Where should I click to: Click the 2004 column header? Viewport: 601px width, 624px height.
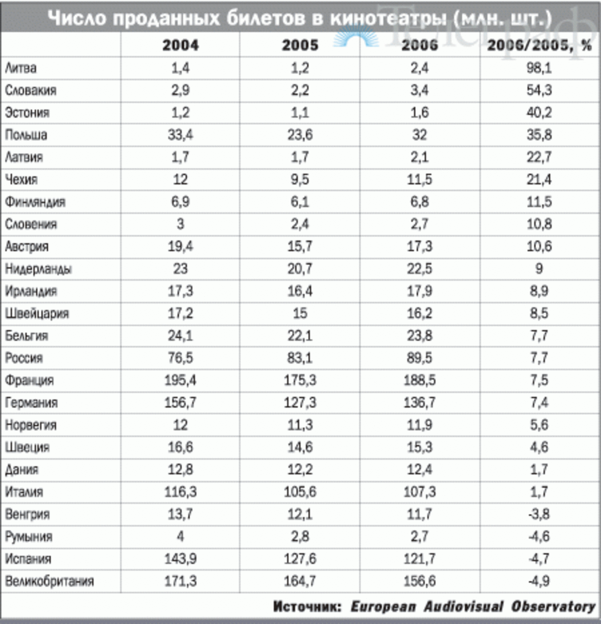[x=180, y=45]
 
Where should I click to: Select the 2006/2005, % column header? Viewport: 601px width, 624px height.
[x=539, y=45]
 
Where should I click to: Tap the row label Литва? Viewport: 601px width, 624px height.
[x=21, y=68]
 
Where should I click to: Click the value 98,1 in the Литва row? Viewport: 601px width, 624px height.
[x=539, y=68]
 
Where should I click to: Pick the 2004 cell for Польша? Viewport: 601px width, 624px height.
[x=180, y=135]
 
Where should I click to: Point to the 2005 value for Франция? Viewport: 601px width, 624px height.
[x=300, y=380]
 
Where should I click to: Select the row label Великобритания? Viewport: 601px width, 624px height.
[x=50, y=581]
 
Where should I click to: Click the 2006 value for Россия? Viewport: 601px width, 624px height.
[x=420, y=358]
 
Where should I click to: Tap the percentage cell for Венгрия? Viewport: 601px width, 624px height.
[x=539, y=514]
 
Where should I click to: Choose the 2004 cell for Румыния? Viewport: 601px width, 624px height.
[x=180, y=536]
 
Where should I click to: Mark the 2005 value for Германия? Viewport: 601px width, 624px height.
[x=300, y=402]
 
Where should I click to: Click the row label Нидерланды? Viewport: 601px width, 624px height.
[x=39, y=269]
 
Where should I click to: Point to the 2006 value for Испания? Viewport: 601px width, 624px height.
[x=420, y=559]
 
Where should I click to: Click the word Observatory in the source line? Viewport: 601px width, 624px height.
[x=553, y=606]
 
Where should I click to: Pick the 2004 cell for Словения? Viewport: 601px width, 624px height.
[x=180, y=224]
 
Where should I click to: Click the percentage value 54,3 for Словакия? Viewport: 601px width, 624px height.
[x=539, y=90]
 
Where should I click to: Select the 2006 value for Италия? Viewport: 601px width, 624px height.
[x=420, y=492]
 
